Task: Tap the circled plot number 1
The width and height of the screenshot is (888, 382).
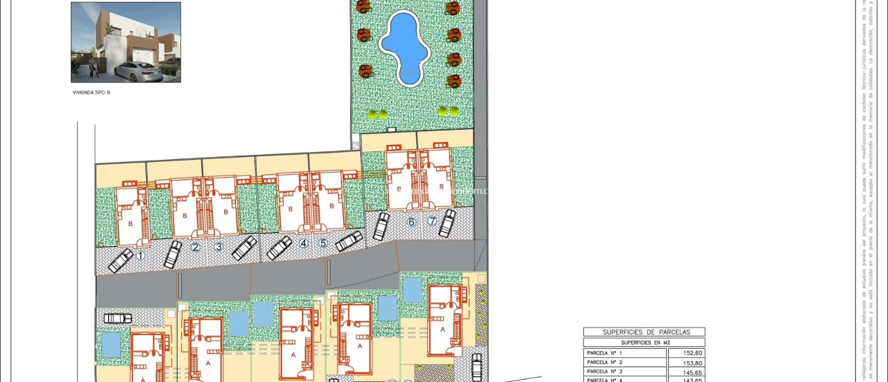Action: [140, 256]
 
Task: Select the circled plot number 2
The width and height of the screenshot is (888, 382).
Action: [196, 247]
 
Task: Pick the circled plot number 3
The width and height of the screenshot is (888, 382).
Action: [219, 247]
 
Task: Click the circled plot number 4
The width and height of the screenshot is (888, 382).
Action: [304, 243]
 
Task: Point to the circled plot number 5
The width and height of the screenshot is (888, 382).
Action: [323, 243]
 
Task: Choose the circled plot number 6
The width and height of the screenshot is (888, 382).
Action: [411, 222]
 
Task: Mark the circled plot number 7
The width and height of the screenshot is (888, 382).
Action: [432, 221]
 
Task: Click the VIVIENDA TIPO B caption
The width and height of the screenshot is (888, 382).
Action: [91, 92]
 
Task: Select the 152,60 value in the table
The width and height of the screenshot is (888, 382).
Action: [692, 353]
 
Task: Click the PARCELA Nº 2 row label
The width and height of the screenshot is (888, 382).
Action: [604, 362]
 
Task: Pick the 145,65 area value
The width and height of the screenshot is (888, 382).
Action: [692, 372]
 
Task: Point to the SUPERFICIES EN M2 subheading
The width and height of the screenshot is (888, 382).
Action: [645, 342]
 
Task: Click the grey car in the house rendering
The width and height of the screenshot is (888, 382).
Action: [138, 72]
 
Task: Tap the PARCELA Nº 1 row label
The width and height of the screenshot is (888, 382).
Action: [604, 353]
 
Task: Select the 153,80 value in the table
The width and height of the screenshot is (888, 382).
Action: [692, 363]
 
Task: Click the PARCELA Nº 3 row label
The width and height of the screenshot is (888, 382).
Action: [604, 371]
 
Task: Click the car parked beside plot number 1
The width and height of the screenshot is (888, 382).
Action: [121, 260]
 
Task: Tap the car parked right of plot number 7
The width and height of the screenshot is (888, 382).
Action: [447, 223]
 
